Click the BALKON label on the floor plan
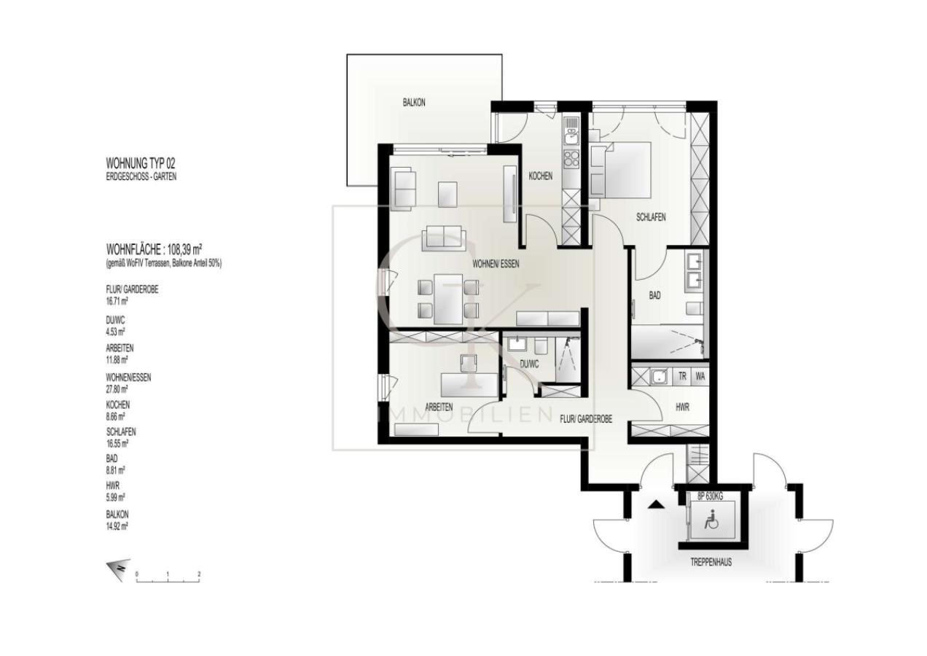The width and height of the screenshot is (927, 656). coord(414,103)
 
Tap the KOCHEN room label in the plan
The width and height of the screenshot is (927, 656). coord(540,176)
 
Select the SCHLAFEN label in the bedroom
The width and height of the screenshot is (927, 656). coord(651,217)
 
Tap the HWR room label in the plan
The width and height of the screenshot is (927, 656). coord(682,407)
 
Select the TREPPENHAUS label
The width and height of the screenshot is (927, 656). coord(711,563)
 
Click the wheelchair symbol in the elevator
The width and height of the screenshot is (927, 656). coord(709,520)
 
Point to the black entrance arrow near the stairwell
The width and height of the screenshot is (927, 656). coord(656,504)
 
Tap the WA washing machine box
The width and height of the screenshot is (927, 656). coord(700,377)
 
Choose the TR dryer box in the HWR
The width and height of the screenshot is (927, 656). coord(682,377)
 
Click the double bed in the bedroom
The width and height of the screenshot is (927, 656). coord(623,168)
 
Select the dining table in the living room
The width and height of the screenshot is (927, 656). coord(447,299)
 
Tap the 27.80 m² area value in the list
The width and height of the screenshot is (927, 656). coord(117,388)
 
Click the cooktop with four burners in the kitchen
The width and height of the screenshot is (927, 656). coord(571,157)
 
